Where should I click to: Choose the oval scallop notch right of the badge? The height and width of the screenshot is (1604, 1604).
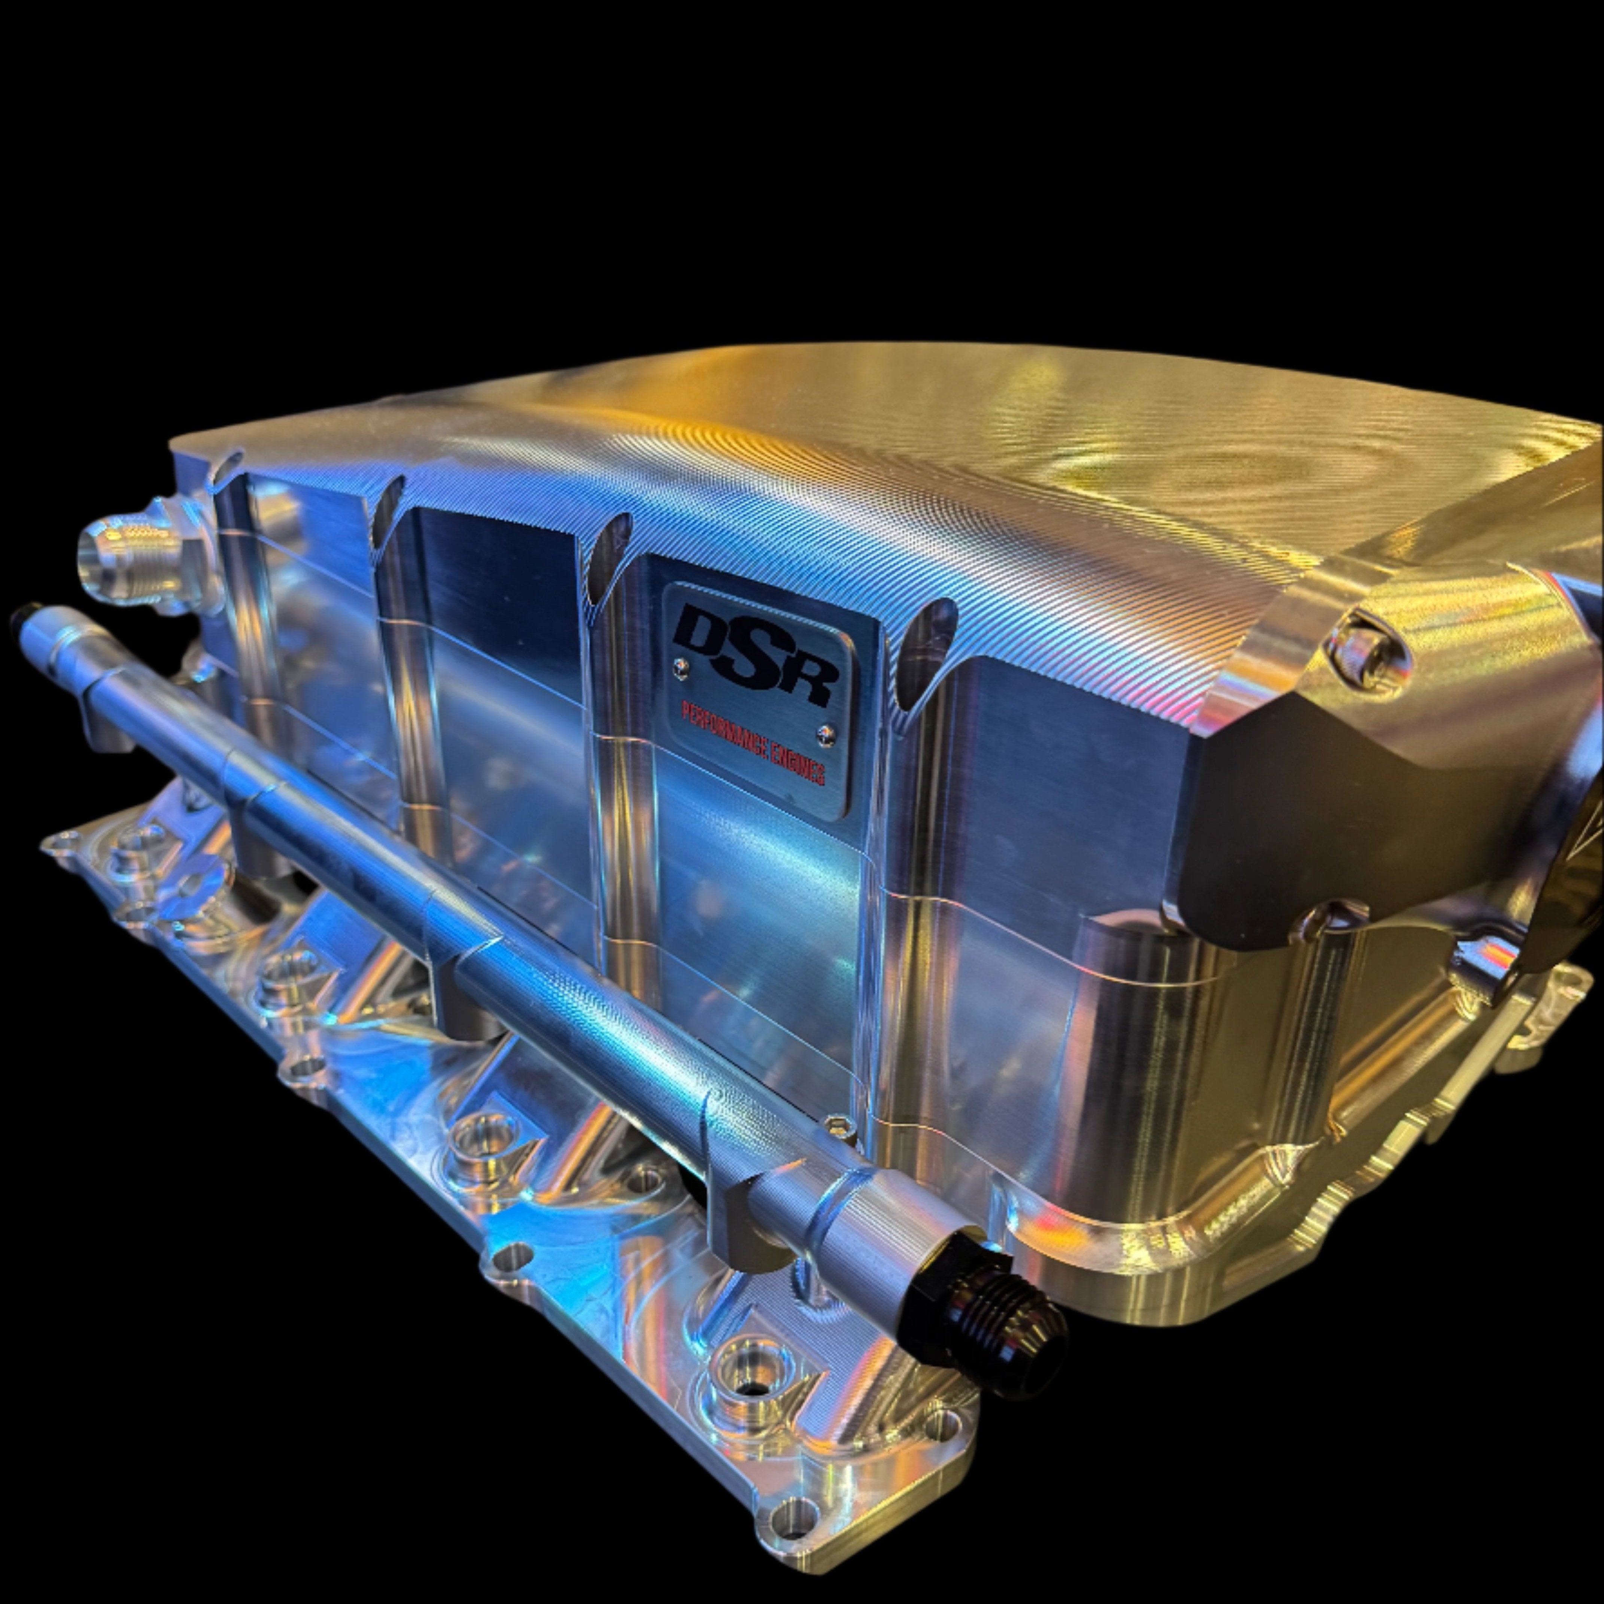tap(926, 643)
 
